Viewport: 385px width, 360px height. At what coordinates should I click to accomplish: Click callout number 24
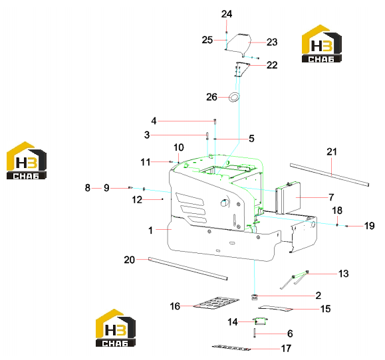point(226,14)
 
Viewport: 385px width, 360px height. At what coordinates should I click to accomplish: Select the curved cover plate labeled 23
point(238,44)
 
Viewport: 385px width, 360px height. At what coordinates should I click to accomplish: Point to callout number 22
point(272,65)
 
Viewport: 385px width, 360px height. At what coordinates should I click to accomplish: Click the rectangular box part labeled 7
point(289,197)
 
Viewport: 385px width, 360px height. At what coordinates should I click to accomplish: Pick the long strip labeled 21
point(330,175)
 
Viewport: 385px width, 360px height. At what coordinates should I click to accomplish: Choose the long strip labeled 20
point(188,268)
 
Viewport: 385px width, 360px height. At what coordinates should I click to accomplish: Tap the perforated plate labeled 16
point(216,304)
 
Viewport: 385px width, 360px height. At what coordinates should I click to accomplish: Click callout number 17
point(286,349)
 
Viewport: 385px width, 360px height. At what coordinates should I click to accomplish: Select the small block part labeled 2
point(255,297)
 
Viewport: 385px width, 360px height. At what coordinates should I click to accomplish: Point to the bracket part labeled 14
point(260,321)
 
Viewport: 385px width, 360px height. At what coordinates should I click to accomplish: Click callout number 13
point(343,274)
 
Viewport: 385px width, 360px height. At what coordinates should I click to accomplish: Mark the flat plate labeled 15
point(275,308)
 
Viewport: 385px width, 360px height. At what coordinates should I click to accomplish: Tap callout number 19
point(369,226)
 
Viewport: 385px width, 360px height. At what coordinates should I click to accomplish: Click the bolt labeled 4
point(215,121)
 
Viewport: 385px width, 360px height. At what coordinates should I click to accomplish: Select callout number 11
point(146,162)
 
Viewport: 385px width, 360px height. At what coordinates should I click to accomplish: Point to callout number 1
point(150,230)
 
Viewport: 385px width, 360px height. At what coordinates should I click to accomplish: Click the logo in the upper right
point(322,43)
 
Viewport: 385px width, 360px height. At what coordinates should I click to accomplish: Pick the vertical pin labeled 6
point(255,333)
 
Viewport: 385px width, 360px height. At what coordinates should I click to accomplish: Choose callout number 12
point(137,200)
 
